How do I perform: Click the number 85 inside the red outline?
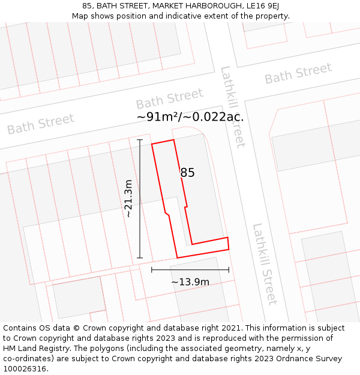coord(187,173)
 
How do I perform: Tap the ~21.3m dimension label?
coord(128,198)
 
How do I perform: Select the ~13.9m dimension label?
coord(190,282)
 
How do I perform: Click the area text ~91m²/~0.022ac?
coord(190,116)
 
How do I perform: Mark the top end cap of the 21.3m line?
coord(140,140)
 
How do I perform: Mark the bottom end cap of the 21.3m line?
coord(140,258)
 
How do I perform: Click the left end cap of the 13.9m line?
coord(152,269)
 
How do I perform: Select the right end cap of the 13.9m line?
coord(229,269)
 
